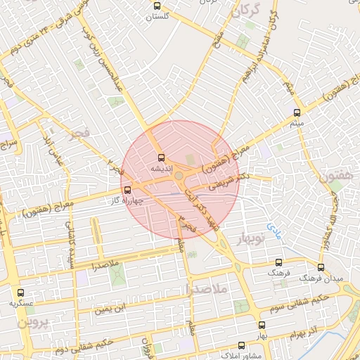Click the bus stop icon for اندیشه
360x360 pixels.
coord(161,158)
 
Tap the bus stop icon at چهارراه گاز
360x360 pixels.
coord(127,190)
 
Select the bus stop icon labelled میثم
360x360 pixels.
coord(297,112)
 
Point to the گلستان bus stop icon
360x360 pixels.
coord(158,6)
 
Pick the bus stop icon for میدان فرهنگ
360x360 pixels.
coord(321,268)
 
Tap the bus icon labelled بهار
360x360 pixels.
coord(262,325)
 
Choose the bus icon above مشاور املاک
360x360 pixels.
coord(242,345)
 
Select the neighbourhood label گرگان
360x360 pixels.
coord(252,10)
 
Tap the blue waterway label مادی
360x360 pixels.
coord(273,230)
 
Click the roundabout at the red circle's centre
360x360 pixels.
coord(179,176)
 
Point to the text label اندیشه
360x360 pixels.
coord(158,169)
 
